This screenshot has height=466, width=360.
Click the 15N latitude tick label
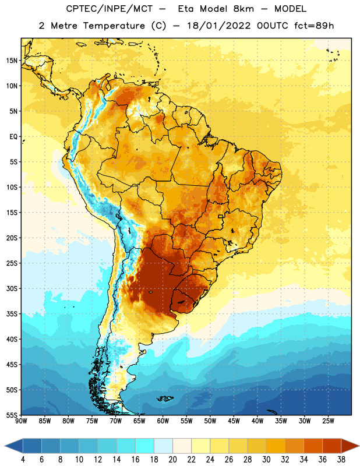point(12,61)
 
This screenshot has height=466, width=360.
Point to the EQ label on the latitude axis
point(13,137)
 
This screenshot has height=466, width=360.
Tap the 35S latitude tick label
point(12,314)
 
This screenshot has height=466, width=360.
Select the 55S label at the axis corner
point(12,415)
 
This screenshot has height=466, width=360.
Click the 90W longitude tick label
point(21,421)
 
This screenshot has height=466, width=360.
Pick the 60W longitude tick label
point(163,421)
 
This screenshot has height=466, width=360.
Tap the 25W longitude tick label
point(328,421)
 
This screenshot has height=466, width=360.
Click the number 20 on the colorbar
point(172,460)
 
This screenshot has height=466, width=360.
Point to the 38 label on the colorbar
point(341,460)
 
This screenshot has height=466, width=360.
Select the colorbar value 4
point(23,460)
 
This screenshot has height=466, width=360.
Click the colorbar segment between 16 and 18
point(145,446)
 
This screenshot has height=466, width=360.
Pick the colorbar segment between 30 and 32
point(276,446)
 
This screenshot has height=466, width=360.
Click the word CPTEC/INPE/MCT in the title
point(110,9)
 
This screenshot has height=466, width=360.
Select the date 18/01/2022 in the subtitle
point(219,26)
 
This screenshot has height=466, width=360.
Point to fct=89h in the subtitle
point(314,26)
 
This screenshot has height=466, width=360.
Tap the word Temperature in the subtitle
point(114,26)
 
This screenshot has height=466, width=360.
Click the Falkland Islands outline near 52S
point(165,398)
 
